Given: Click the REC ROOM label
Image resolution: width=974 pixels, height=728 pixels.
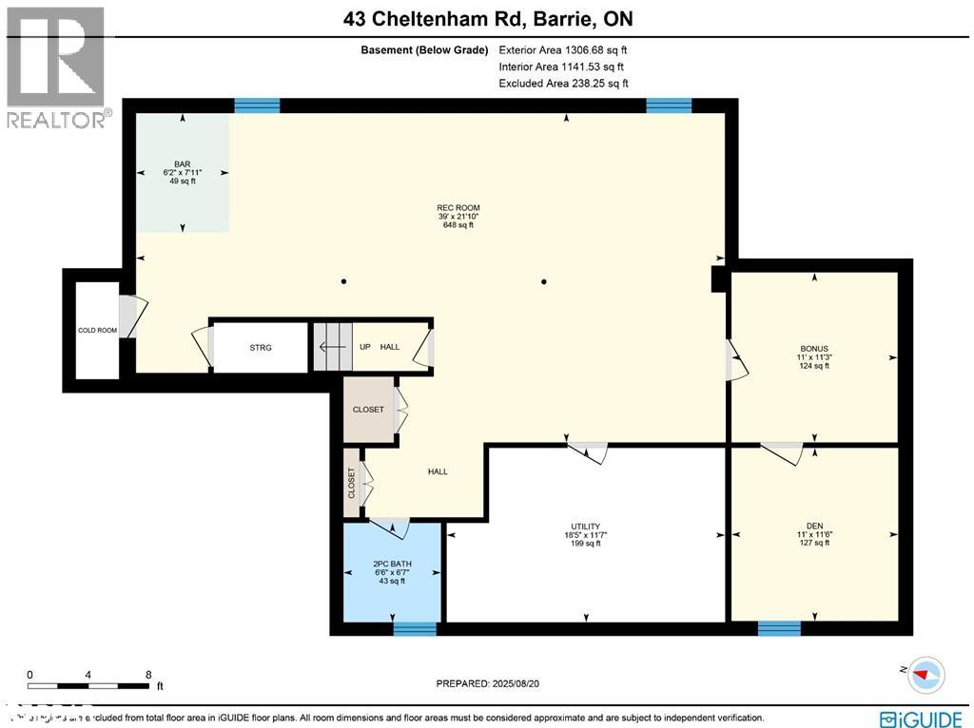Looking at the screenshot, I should click(x=458, y=208).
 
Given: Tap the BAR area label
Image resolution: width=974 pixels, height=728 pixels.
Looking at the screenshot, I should click(x=183, y=163).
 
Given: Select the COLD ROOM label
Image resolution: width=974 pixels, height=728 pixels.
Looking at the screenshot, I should click(x=97, y=331).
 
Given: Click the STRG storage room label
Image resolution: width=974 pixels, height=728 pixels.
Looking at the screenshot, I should click(x=261, y=348).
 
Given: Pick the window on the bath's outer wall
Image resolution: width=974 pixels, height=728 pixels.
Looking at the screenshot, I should click(x=415, y=628).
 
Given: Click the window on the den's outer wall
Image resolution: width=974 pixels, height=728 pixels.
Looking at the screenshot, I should click(x=779, y=628).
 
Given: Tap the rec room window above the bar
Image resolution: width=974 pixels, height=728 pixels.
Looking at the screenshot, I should click(x=257, y=105).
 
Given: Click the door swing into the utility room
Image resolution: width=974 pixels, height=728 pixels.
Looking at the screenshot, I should click(x=590, y=451).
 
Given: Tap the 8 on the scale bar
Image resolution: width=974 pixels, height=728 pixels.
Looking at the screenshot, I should click(x=148, y=675).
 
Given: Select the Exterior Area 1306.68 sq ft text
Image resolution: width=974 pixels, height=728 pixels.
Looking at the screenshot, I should click(x=563, y=49).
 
